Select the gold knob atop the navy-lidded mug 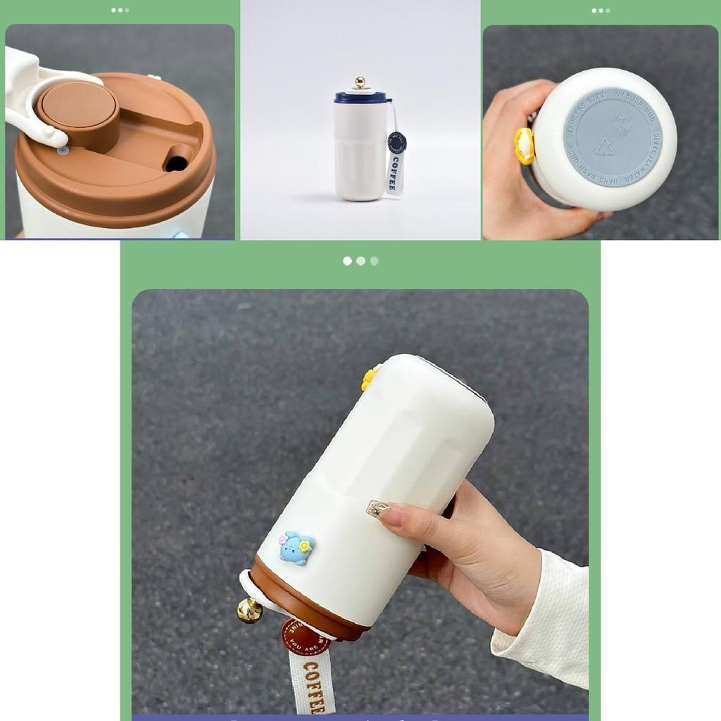point(360,82)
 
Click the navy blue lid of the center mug point(360,98)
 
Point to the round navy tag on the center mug point(396,143)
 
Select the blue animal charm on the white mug point(296,548)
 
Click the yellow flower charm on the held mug point(370,378)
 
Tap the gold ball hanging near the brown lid point(249,610)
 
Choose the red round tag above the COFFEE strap point(305,637)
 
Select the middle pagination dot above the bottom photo point(360,261)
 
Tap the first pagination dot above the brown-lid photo point(113,11)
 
